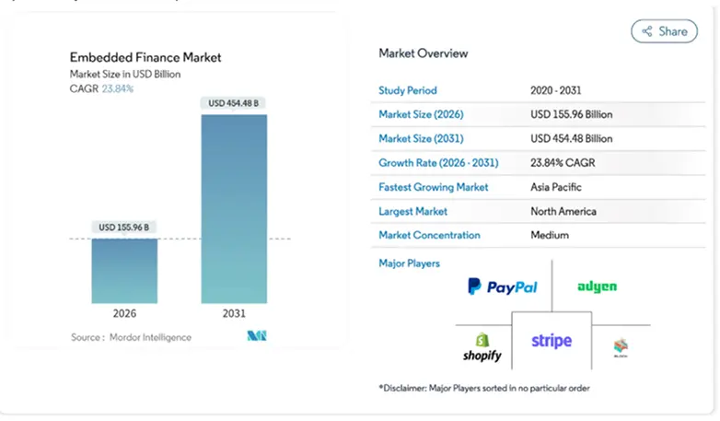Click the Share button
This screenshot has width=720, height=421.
[x=664, y=31]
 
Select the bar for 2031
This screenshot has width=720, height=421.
[x=234, y=208]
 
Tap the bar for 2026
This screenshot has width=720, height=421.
[x=124, y=271]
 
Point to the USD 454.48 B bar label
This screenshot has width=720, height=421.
[x=234, y=102]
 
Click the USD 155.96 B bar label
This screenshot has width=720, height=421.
[x=124, y=227]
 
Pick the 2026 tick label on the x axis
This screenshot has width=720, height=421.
[x=124, y=313]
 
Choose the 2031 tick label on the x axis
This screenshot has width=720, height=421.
[x=234, y=313]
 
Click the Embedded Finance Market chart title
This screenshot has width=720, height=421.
[x=145, y=57]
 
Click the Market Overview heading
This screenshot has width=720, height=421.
[x=424, y=53]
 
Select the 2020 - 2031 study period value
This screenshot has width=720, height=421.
[x=557, y=90]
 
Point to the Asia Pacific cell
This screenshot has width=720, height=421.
[x=557, y=187]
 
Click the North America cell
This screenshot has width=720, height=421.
[x=563, y=211]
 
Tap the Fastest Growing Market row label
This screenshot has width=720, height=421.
[x=434, y=187]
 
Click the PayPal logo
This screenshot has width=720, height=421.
[x=502, y=287]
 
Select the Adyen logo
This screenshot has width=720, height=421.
[x=597, y=287]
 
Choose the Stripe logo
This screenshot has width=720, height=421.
[x=552, y=341]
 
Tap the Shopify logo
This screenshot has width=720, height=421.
[x=482, y=347]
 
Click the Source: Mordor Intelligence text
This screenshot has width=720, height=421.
[x=132, y=337]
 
